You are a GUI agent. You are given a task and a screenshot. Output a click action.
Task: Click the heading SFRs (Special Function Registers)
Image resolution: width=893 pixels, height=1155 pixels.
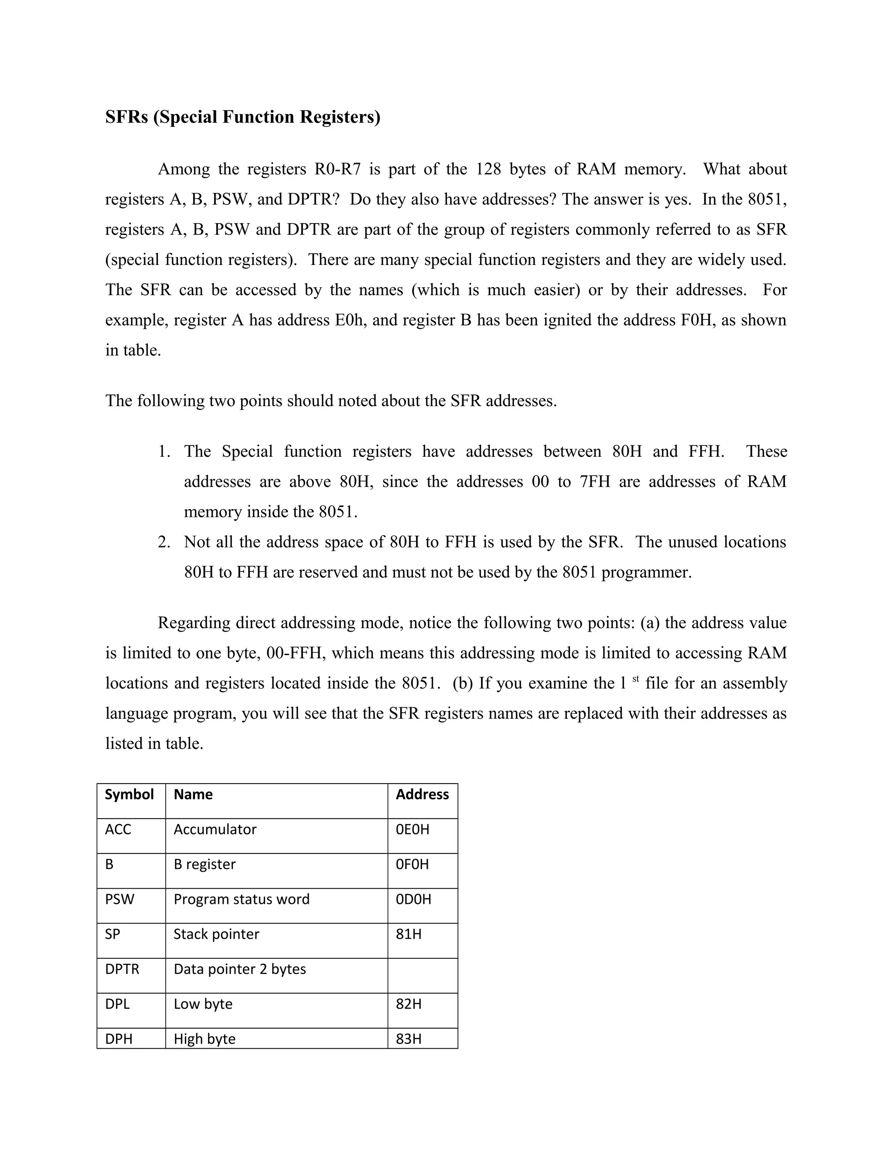[242, 117]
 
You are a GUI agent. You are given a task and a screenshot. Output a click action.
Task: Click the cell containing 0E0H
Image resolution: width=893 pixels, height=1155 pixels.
[412, 829]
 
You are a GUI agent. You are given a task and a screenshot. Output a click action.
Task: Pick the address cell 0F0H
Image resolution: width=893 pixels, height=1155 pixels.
[412, 864]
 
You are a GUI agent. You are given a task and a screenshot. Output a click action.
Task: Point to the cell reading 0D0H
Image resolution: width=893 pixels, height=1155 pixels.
[413, 899]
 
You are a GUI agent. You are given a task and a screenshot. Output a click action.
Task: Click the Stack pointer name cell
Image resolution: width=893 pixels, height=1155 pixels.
[216, 934]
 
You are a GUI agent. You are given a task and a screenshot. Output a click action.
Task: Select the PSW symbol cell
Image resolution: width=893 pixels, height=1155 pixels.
[119, 899]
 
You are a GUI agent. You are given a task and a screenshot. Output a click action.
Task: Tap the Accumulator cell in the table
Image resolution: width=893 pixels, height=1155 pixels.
[215, 829]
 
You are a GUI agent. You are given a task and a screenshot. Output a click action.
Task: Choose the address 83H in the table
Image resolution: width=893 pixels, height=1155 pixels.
[409, 1039]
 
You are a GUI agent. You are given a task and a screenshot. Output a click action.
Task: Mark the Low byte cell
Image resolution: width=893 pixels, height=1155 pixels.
[203, 1004]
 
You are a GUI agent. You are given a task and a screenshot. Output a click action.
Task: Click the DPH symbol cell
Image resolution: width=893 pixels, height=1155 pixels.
[119, 1039]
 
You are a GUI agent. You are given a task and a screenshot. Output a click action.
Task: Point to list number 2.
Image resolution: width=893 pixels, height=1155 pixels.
[164, 542]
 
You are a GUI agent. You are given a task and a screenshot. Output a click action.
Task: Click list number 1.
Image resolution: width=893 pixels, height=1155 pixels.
[164, 452]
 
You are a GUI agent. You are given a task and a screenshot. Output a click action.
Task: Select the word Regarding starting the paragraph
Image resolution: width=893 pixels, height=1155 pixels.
[194, 623]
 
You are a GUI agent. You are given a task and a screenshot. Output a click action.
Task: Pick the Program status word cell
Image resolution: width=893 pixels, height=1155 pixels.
[241, 899]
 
